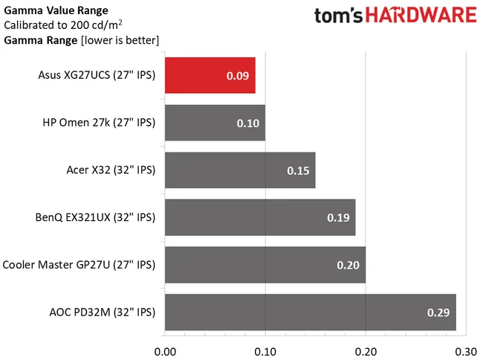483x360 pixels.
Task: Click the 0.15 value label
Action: (299, 170)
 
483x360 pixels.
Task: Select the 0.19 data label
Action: (339, 217)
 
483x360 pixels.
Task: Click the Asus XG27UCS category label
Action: (97, 75)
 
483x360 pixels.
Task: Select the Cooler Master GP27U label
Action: (80, 264)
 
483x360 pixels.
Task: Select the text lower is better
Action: (125, 39)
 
